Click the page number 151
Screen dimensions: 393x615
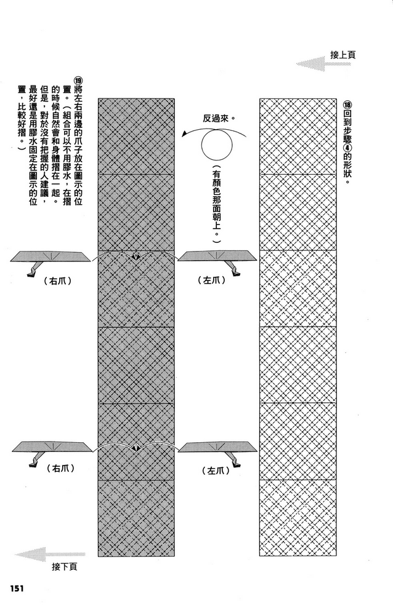pos(16,589)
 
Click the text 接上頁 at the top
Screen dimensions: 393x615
pos(342,55)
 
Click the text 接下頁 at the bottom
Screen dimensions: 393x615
pos(65,567)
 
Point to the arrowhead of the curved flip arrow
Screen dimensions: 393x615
pos(184,135)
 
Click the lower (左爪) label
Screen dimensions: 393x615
pos(216,470)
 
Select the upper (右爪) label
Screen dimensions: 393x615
pos(58,280)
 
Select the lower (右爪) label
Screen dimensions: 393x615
pos(61,468)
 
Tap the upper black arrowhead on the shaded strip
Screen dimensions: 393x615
pos(136,257)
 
